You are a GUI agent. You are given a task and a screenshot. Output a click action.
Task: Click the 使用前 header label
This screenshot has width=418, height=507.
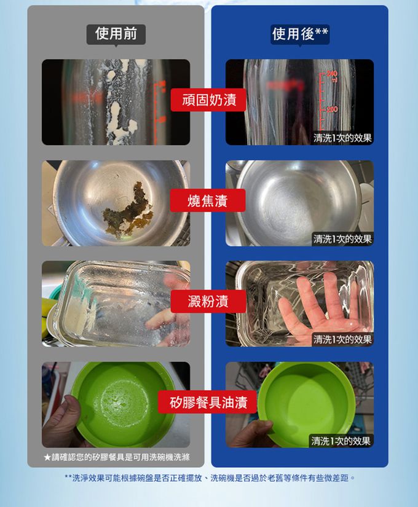(116, 34)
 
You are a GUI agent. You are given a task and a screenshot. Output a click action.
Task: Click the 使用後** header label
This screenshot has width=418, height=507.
(300, 34)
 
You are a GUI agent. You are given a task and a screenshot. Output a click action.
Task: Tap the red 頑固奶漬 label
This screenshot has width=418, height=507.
(208, 100)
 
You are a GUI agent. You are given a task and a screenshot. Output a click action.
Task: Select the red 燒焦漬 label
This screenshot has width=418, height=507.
(208, 200)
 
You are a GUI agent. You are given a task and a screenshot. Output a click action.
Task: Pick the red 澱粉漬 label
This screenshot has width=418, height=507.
(208, 301)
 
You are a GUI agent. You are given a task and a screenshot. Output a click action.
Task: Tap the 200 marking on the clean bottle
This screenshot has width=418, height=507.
(331, 109)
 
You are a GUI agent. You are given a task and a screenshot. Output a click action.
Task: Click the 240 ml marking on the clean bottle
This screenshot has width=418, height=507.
(333, 76)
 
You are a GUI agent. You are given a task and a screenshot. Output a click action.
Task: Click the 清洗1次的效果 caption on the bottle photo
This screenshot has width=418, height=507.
(342, 138)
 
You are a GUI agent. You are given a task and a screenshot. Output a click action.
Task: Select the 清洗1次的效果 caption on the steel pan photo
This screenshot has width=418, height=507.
(342, 239)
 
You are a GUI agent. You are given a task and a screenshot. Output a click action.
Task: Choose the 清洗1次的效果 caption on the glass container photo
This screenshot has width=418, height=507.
(342, 339)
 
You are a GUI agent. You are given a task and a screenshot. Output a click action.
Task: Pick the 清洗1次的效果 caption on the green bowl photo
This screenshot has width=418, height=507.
(341, 441)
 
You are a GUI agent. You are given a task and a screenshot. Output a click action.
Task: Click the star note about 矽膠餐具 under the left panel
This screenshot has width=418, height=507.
(116, 457)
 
